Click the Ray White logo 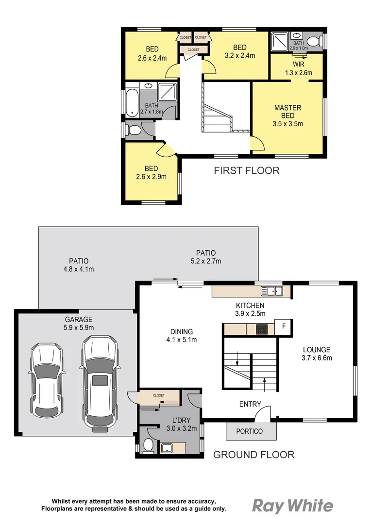[293, 506]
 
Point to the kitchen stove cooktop [262, 329]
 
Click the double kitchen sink [272, 291]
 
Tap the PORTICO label [249, 431]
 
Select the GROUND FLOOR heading [254, 455]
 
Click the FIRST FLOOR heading [247, 170]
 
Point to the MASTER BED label [288, 108]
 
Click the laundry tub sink [167, 447]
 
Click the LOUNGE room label [317, 349]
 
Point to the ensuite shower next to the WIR [280, 42]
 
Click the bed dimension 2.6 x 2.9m [151, 177]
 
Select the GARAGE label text [78, 319]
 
